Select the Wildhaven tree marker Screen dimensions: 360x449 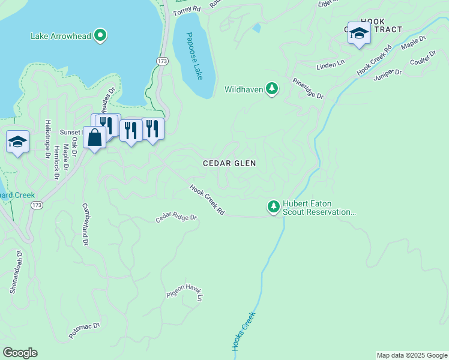point(273,89)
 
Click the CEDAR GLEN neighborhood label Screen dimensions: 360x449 point(229,163)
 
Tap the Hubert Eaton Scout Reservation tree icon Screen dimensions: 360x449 point(274,207)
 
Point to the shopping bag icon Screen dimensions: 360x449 point(95,137)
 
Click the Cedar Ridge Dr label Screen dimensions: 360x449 point(176,217)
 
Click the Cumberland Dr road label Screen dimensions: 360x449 point(86,224)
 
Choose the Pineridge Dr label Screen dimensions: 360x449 point(308,88)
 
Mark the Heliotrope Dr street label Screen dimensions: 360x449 point(47,139)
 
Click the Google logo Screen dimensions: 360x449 point(20,353)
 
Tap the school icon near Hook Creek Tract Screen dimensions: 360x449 point(358,34)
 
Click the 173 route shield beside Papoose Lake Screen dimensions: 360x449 point(162,61)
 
